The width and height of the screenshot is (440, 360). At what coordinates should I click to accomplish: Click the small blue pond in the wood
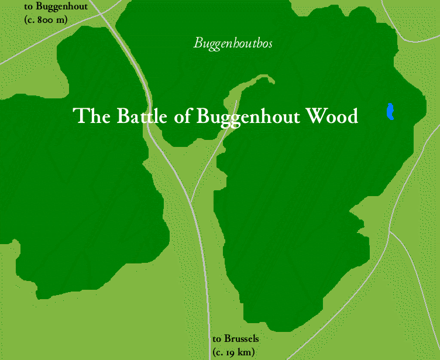pos(390,111)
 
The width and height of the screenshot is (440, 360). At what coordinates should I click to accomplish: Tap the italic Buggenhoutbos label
pos(233,43)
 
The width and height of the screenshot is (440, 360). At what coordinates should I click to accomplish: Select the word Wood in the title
pos(333,116)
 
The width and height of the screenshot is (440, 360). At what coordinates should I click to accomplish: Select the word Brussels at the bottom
pos(241,339)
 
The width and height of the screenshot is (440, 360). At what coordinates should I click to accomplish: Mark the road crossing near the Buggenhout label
pos(100,13)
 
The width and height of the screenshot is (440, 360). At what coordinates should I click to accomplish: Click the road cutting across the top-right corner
pos(410,29)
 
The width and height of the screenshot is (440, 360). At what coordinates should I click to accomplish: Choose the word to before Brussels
pos(217,339)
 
